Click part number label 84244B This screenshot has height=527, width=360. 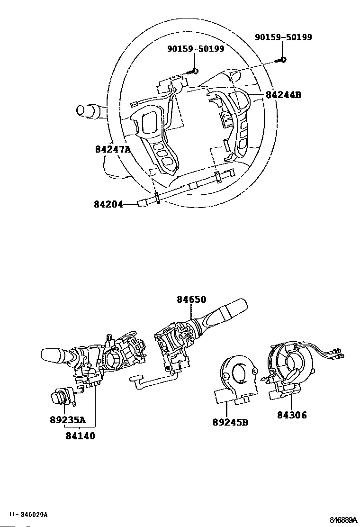coord(283,95)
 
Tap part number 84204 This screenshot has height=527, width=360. coord(108,205)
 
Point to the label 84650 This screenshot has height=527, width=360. coord(192,300)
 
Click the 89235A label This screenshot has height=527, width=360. coord(68,420)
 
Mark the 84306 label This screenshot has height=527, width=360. coord(292,416)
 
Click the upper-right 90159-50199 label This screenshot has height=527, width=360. coord(283,37)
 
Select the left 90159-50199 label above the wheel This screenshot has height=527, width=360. coord(196,49)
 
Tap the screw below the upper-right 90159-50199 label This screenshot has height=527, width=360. coord(281,60)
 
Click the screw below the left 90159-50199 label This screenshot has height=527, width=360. coord(193,72)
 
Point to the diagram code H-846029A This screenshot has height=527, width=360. coord(29,514)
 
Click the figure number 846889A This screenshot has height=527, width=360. coord(344,519)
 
